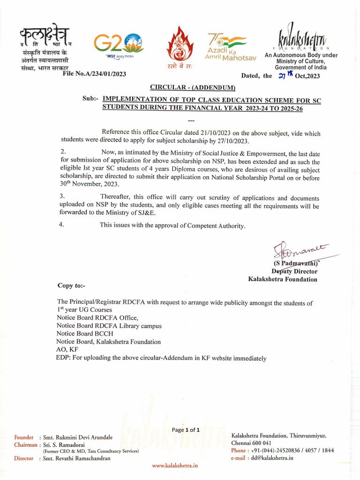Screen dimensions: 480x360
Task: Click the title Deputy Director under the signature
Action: (x=294, y=271)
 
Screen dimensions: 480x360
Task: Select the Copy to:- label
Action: (x=71, y=285)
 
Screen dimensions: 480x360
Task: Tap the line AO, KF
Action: (x=67, y=350)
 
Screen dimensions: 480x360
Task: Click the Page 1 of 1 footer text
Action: (x=186, y=429)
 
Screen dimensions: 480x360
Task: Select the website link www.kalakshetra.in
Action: (x=175, y=465)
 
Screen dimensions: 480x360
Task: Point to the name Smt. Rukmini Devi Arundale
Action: (x=77, y=437)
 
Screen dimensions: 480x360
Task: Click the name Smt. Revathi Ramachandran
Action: (x=76, y=458)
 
